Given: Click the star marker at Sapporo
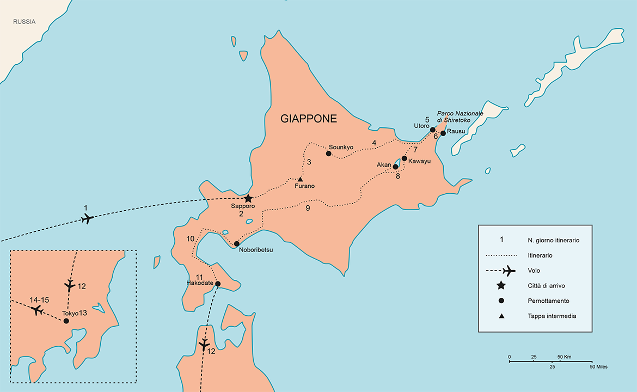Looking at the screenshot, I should point(248,199).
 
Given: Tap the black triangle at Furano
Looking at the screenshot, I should point(300,179).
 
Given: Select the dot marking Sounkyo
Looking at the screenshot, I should point(328,154).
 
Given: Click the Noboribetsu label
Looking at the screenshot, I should point(255,250).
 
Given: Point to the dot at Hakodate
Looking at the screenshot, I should point(217,284).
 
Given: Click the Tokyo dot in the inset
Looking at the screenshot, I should point(66,321).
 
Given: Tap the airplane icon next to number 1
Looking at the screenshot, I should point(87,219).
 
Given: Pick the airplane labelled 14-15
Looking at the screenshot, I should point(36,310).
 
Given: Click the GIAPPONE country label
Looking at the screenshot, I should point(309,119).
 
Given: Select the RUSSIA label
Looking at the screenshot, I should point(24,22).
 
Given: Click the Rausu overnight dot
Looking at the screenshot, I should point(443,133).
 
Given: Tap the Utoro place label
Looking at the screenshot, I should point(421,126).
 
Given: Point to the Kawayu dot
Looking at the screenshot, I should point(404,158).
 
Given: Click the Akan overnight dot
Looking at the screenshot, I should point(395,167).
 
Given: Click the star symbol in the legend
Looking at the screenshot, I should point(501,286).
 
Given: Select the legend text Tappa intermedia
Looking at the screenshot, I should point(552,316).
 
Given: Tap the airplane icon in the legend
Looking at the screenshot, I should point(508,271).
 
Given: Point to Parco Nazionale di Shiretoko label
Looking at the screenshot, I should point(460,117).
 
